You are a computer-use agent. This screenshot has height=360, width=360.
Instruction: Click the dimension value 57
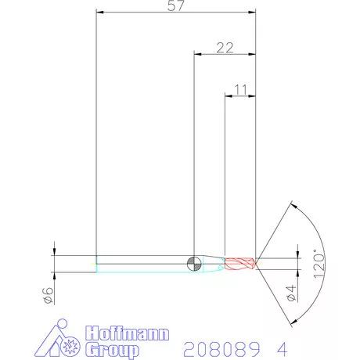(x=176, y=6)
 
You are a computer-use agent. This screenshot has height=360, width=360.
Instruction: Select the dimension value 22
(x=225, y=48)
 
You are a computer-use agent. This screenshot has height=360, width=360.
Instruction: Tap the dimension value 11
(x=240, y=90)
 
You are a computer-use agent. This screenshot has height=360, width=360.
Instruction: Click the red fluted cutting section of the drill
(x=239, y=263)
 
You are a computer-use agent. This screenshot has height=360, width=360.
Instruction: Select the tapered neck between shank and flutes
(x=212, y=263)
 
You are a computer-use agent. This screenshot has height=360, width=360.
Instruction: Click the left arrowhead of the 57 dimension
(x=98, y=12)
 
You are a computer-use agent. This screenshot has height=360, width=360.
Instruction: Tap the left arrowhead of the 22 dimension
(x=196, y=54)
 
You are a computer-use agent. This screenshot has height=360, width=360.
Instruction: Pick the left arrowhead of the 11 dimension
(x=228, y=96)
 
